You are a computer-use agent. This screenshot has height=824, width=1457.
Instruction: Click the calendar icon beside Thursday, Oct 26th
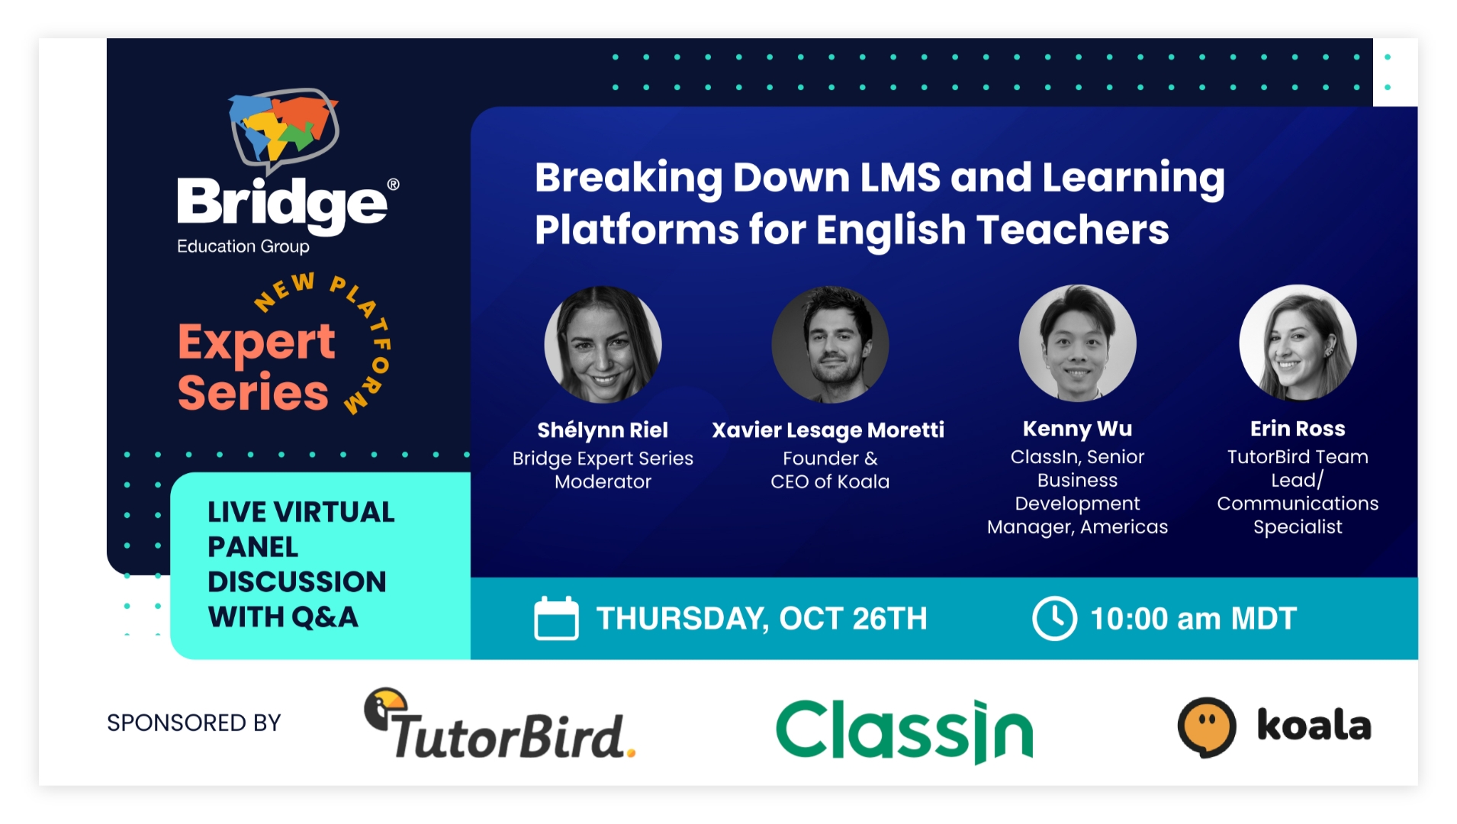(556, 618)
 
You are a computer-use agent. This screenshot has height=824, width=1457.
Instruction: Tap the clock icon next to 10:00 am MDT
(1054, 618)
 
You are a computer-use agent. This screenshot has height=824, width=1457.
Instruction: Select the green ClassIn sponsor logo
(904, 730)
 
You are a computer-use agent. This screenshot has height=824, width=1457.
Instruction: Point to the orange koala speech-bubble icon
(1206, 726)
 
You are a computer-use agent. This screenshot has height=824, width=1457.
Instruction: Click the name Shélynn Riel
(603, 430)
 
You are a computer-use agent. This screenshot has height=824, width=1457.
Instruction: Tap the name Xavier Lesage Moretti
(828, 430)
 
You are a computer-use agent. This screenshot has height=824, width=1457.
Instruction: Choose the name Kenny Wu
(1077, 429)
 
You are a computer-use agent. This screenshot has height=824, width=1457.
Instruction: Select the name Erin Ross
(1298, 429)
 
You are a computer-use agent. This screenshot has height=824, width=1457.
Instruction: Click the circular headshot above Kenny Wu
(1077, 343)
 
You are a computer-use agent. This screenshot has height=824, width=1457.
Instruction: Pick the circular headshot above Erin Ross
(1298, 343)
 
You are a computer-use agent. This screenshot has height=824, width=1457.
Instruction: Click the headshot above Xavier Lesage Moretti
(830, 344)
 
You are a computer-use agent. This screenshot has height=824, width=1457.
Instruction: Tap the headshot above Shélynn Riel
(603, 344)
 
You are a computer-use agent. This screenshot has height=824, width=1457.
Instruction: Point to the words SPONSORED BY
(194, 723)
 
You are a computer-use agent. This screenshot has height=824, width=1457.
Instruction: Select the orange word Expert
(256, 343)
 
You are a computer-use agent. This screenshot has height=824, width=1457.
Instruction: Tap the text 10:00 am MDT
(1193, 619)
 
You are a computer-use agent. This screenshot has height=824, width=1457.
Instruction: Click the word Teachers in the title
(1073, 230)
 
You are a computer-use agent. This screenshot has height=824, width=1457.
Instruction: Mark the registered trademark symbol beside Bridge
(394, 184)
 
